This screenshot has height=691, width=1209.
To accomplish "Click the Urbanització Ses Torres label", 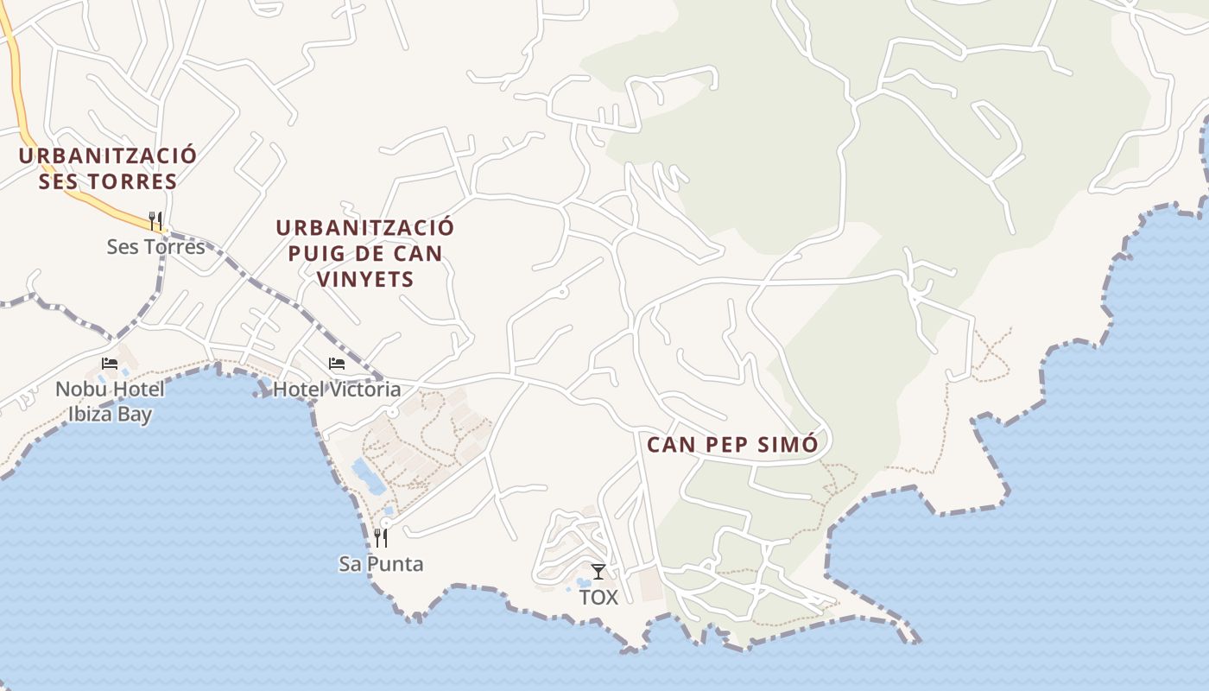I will click(x=108, y=168).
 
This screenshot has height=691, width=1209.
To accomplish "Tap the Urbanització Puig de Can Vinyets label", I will click(x=364, y=253).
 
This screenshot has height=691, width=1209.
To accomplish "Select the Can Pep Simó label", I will click(x=731, y=445).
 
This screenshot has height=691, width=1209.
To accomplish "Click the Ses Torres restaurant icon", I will click(x=155, y=221).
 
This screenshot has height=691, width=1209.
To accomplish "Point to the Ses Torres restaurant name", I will click(x=156, y=247).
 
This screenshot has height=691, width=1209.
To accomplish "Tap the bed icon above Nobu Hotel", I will click(x=109, y=364).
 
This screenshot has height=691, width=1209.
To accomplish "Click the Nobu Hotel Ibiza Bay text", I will click(x=110, y=402).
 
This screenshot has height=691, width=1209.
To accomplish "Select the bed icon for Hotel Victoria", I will click(x=337, y=364).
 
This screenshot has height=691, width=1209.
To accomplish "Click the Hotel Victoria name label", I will click(x=337, y=390).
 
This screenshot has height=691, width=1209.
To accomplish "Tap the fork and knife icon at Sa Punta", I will click(x=380, y=538).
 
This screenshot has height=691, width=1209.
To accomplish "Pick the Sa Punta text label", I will click(x=381, y=564).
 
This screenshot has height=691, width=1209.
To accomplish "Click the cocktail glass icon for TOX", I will click(x=598, y=571).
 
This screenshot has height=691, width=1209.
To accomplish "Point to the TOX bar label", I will click(x=598, y=597).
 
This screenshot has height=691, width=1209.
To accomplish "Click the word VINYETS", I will click(x=364, y=279).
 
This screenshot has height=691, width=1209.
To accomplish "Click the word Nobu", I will click(x=83, y=390).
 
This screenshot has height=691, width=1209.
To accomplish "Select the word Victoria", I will click(x=364, y=390).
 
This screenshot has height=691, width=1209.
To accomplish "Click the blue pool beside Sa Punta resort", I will click(x=369, y=477).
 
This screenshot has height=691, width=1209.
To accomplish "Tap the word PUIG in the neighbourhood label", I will click(x=313, y=253).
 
